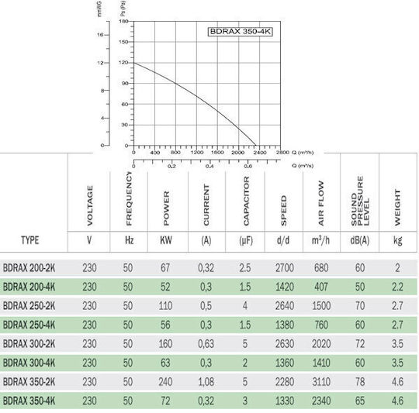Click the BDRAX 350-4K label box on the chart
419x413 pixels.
pos(241,32)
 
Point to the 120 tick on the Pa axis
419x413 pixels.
pos(123,63)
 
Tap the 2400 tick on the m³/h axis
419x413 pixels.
pos(260,153)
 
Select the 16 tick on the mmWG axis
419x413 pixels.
pos(100,35)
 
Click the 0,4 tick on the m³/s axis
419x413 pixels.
pos(209,166)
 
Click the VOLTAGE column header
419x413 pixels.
pos(90,205)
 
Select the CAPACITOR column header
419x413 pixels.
pos(246,201)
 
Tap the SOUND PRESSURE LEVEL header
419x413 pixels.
pos(360,201)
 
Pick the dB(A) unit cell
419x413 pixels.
pos(360,240)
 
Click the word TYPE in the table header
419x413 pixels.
pos(30,240)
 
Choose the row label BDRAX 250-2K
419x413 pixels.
pos(29,306)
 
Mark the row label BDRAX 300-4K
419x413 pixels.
pos(29,363)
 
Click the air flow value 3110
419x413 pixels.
pos(321,382)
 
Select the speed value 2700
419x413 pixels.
pos(285,267)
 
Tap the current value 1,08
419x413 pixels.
pos(206,382)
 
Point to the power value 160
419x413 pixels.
pos(165,343)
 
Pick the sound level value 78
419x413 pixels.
pos(360,382)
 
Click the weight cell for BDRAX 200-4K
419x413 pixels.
pos(397,287)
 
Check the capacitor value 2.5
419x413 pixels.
pos(245,267)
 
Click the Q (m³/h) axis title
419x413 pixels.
pos(303,153)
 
